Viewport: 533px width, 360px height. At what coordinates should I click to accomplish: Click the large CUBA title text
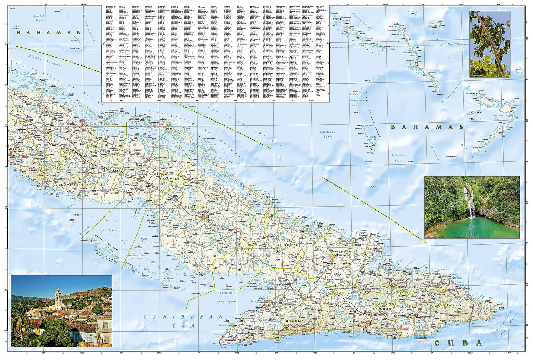pos(458,343)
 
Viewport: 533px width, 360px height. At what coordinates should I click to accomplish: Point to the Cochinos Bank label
pos(327,134)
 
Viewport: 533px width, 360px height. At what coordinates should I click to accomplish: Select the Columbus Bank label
pos(398,158)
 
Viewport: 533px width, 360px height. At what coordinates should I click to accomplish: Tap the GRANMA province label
pos(296,321)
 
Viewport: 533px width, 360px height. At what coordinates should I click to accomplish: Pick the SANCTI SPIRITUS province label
pos(75,185)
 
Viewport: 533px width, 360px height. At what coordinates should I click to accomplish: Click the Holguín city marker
pos(333,255)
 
